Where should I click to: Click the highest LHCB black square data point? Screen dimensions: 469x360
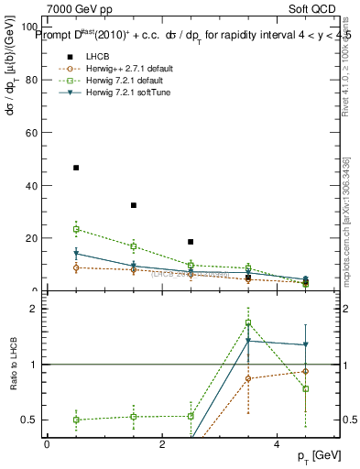pyautogui.click(x=76, y=168)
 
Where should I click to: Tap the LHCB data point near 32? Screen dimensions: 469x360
pyautogui.click(x=134, y=205)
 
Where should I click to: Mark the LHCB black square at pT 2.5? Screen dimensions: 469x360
pyautogui.click(x=191, y=242)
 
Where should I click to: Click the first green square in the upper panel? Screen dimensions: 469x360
pyautogui.click(x=76, y=229)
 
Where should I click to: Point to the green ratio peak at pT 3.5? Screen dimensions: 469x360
pyautogui.click(x=248, y=322)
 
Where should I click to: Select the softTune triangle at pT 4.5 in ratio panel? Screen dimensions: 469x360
pyautogui.click(x=306, y=344)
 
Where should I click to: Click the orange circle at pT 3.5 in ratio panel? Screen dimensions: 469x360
pyautogui.click(x=248, y=378)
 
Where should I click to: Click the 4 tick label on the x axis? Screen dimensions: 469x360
pyautogui.click(x=277, y=444)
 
